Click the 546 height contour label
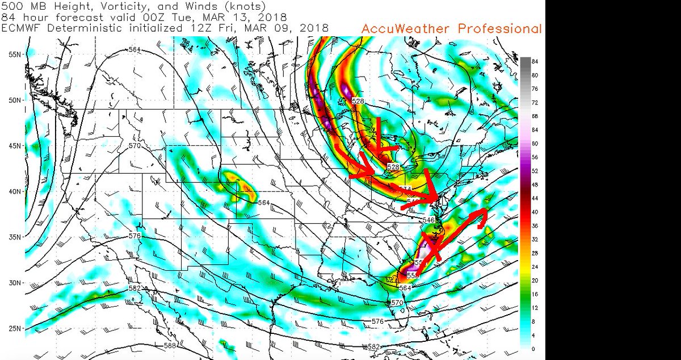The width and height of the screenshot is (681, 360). [429, 220]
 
